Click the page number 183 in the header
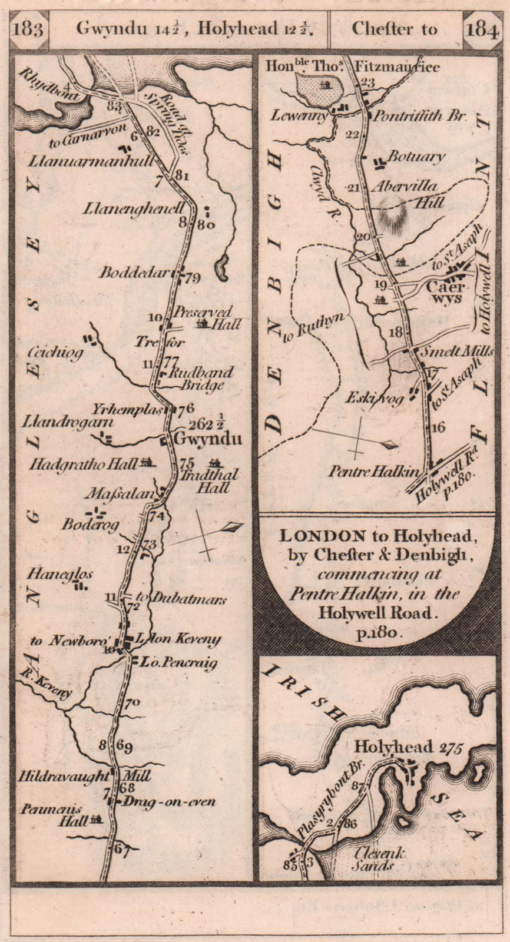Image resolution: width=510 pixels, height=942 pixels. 28,29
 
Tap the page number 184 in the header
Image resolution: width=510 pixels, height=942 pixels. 482,29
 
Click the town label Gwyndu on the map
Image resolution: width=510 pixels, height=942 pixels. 200,439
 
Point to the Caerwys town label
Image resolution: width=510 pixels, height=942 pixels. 446,293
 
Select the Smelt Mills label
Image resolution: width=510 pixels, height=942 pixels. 454,351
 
